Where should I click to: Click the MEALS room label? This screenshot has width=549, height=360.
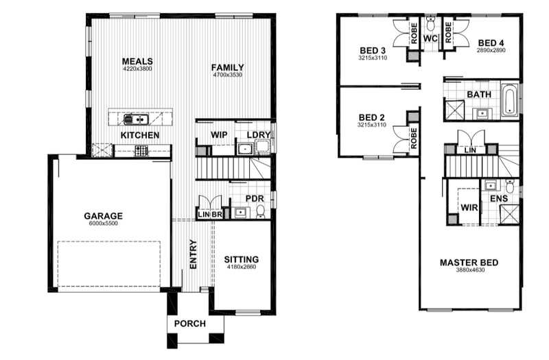coord(137,61)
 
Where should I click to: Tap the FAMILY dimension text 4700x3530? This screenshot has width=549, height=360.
coord(228,75)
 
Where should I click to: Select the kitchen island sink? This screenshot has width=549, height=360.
coord(136,119)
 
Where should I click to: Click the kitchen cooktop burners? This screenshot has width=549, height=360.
coord(141,151)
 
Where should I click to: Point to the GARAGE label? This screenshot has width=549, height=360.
coord(104,216)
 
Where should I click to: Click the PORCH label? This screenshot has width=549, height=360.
coord(190,324)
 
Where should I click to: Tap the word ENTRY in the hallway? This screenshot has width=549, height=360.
coord(194,254)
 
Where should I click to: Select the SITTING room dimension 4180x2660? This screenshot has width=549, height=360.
coord(242,267)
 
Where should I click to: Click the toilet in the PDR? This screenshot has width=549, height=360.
coord(260,212)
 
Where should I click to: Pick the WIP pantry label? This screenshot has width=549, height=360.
coord(219,134)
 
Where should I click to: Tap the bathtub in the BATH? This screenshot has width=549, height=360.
coord(510,99)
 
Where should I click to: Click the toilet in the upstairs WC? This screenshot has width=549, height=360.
coord(431,24)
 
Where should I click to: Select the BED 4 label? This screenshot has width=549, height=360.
coord(491,43)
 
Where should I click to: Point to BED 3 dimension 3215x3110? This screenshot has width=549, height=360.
coord(373,58)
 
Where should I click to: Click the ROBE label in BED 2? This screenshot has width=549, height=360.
coord(414,138)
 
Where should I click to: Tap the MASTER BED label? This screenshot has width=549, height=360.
coord(469,263)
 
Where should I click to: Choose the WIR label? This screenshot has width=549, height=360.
coord(469,208)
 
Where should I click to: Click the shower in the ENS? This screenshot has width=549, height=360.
coord(509,214)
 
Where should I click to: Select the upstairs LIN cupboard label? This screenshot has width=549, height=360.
coord(470,150)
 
